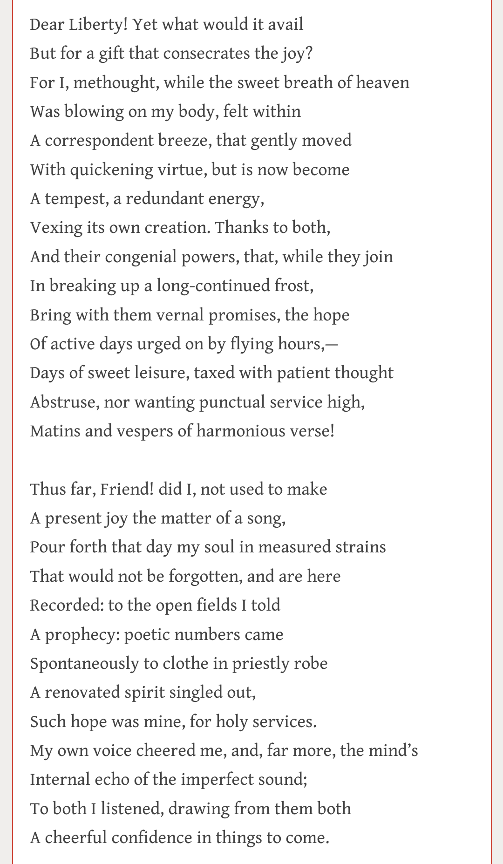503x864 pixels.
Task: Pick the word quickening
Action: point(112,170)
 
